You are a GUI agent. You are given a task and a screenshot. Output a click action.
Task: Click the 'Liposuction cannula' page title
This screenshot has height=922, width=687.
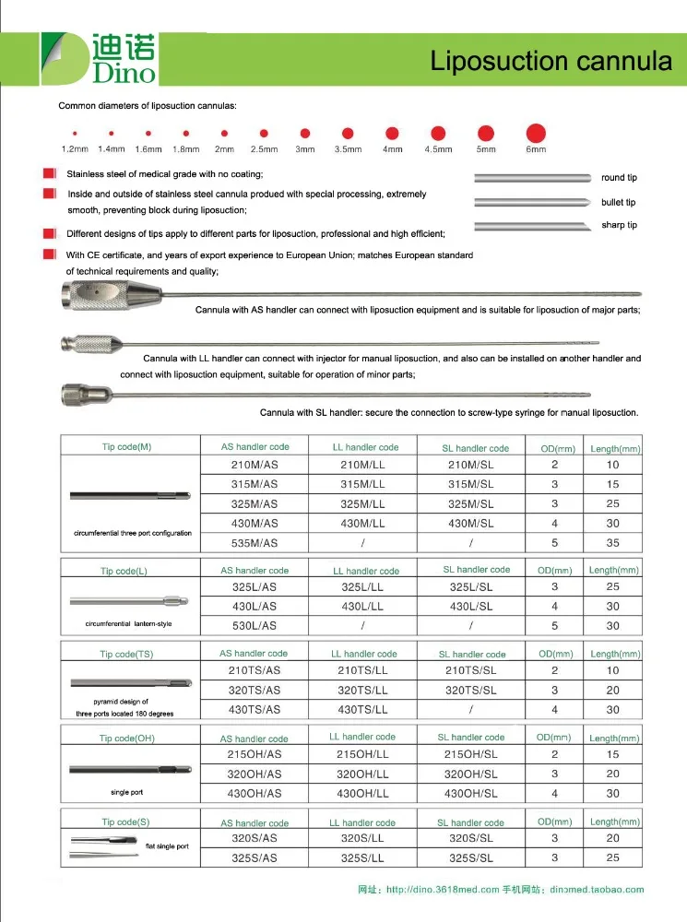(551, 61)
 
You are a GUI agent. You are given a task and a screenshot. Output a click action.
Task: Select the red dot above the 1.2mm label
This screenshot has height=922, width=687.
(74, 134)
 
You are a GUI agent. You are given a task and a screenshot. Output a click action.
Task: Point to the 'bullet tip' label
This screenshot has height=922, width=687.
(618, 202)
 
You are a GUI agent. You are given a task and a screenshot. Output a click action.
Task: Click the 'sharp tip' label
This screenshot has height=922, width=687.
(619, 225)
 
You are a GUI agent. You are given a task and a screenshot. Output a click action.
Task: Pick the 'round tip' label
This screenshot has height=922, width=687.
(619, 177)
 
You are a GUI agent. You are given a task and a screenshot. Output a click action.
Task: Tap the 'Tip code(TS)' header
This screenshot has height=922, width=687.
(126, 655)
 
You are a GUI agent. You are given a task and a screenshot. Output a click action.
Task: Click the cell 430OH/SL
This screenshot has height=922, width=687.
(470, 794)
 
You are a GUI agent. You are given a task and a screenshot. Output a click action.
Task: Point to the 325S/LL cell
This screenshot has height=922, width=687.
(363, 858)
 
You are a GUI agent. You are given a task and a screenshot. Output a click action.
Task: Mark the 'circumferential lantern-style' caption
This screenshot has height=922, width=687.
(128, 624)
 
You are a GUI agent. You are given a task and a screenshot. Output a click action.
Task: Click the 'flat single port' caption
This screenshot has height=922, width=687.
(167, 845)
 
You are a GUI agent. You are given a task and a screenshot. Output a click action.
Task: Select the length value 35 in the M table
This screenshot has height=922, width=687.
(613, 543)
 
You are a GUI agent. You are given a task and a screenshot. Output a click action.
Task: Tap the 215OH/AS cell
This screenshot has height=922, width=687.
(254, 754)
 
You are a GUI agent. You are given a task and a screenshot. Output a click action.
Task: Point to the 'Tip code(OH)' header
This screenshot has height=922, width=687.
(127, 739)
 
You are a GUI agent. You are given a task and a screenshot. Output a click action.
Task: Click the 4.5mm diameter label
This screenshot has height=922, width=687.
(438, 149)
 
